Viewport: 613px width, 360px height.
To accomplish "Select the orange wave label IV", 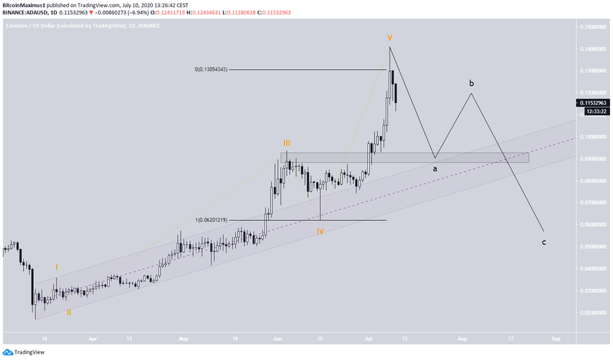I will (x=320, y=232).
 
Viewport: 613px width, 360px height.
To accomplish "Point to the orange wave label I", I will (x=56, y=268).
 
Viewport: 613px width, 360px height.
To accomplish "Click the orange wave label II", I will (x=69, y=312).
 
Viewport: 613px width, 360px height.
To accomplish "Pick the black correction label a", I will (x=434, y=169).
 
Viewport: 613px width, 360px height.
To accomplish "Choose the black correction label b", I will (x=472, y=84).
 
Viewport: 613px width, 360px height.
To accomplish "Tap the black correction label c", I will (x=543, y=242).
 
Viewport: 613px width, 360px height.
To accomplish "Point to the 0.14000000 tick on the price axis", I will (x=592, y=49).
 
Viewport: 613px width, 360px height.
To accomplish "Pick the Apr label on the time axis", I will (x=92, y=338).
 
